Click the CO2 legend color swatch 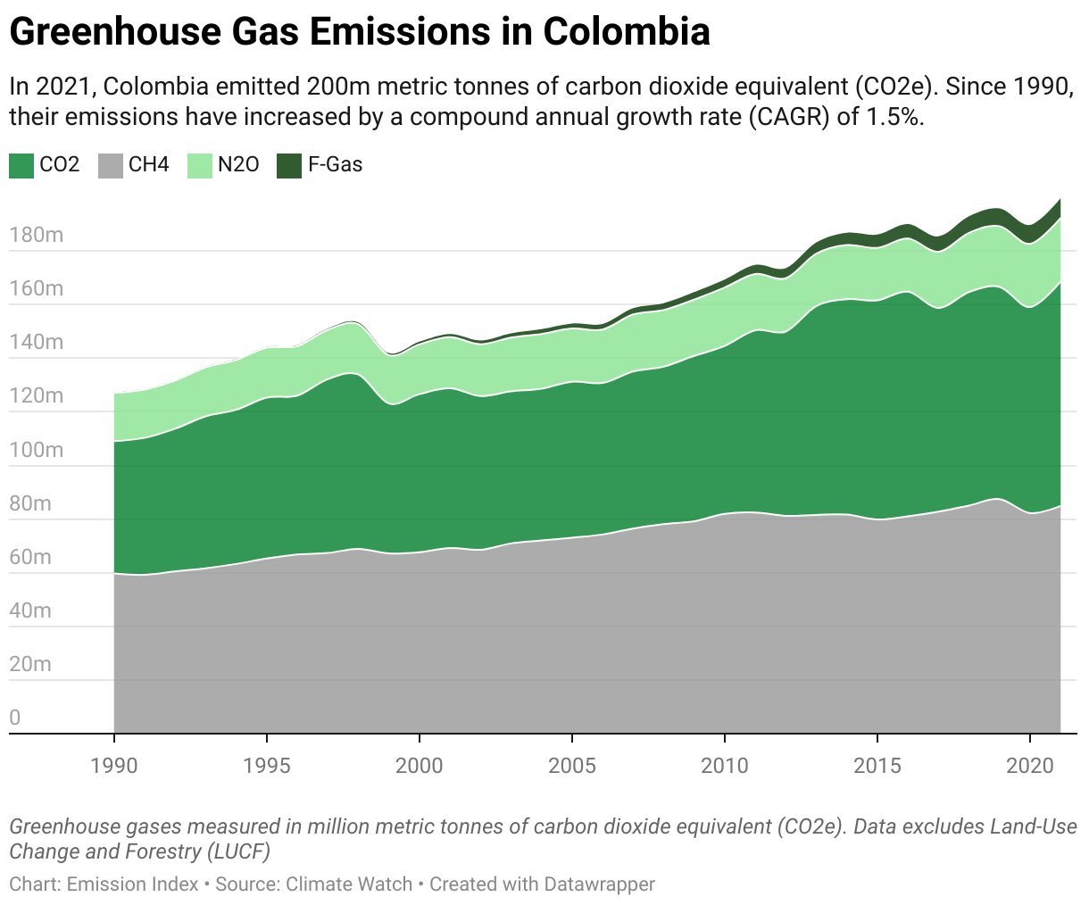coord(21,165)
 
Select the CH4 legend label coord(148,165)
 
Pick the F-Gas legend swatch coord(289,165)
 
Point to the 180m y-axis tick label coord(37,235)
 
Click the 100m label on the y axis coord(37,450)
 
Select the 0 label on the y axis coord(15,718)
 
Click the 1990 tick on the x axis coord(114,765)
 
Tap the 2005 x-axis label coord(572,765)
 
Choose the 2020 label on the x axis coord(1030,765)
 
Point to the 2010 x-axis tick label coord(725,765)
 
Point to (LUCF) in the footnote coord(237,851)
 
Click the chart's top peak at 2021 coord(1060,199)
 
